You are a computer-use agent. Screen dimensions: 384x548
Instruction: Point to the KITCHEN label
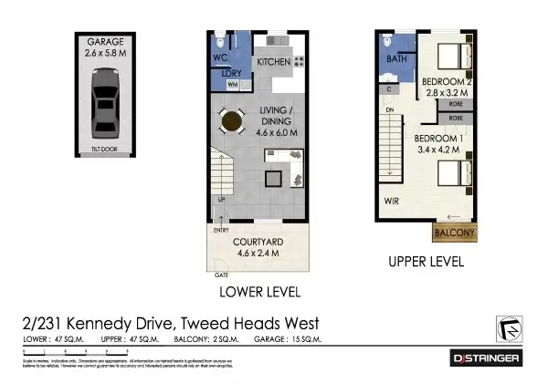273,62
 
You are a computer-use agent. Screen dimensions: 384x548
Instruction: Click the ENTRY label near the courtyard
221,231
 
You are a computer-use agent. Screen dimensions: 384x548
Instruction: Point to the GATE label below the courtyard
220,274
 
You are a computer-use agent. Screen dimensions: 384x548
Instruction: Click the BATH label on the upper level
396,59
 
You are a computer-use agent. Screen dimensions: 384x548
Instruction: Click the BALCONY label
455,233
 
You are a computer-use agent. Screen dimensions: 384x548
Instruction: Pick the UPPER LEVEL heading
427,261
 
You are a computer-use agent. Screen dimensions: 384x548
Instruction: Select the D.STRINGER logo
487,358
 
